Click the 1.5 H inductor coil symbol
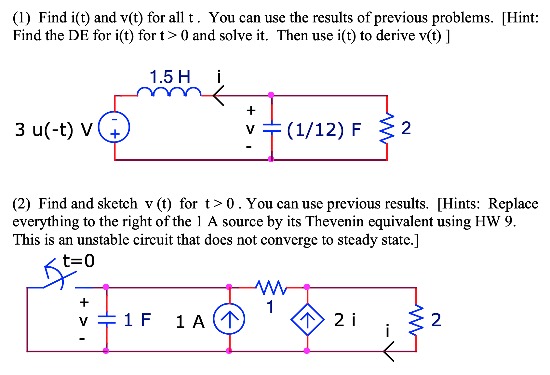click(169, 92)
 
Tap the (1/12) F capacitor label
click(324, 129)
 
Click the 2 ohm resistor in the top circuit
click(387, 128)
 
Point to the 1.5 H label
click(170, 77)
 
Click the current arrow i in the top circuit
click(219, 96)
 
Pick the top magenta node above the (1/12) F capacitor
click(271, 95)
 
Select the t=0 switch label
click(79, 261)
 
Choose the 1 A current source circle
click(229, 319)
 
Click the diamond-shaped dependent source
click(307, 319)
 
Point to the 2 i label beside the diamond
click(345, 320)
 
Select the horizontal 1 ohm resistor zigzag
click(271, 287)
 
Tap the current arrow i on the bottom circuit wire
click(389, 351)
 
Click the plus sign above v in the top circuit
click(251, 111)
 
